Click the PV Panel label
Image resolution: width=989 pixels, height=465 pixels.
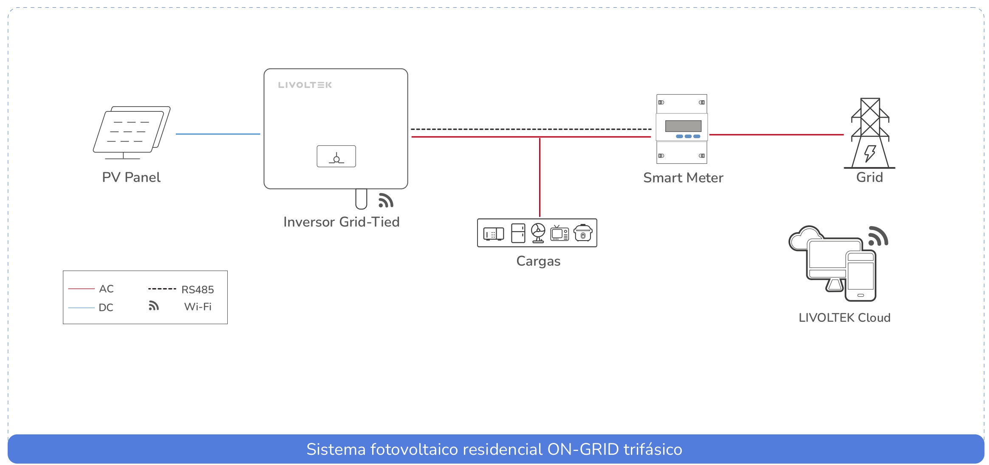pyautogui.click(x=131, y=177)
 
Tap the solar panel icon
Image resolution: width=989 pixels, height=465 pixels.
pyautogui.click(x=131, y=132)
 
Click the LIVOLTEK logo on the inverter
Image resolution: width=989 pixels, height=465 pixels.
pyautogui.click(x=305, y=85)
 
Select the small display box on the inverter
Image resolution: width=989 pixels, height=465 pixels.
pyautogui.click(x=336, y=156)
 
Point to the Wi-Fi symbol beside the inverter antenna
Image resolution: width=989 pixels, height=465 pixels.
pyautogui.click(x=386, y=201)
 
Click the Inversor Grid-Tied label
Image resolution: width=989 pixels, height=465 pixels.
pyautogui.click(x=341, y=222)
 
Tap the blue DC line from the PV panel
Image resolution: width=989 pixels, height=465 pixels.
pyautogui.click(x=218, y=134)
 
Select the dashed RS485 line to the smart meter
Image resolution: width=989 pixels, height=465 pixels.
pyautogui.click(x=531, y=129)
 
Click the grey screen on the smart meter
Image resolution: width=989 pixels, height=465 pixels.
pyautogui.click(x=683, y=126)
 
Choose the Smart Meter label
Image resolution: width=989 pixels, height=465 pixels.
pyautogui.click(x=683, y=178)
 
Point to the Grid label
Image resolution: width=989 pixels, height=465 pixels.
pyautogui.click(x=869, y=177)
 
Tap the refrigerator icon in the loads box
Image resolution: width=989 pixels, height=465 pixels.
pyautogui.click(x=518, y=233)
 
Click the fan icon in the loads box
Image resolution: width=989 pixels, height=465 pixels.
pyautogui.click(x=538, y=233)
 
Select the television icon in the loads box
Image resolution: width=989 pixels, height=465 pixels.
pyautogui.click(x=559, y=233)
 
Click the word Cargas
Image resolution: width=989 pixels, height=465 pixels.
pyautogui.click(x=538, y=261)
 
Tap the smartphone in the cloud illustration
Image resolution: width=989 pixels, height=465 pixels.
pyautogui.click(x=860, y=276)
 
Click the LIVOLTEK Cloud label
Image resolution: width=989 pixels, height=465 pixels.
pyautogui.click(x=844, y=318)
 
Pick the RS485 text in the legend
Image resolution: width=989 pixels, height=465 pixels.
pyautogui.click(x=198, y=289)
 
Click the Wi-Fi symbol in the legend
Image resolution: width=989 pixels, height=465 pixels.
pyautogui.click(x=153, y=306)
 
